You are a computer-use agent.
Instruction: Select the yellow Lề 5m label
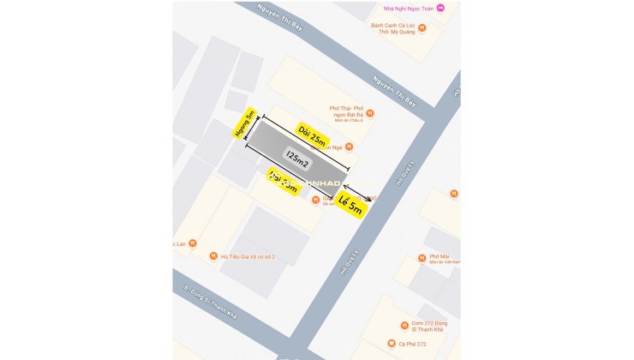pyautogui.click(x=352, y=207)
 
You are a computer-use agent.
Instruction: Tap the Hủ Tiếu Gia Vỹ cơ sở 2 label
pyautogui.click(x=249, y=255)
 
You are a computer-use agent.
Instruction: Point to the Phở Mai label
pyautogui.click(x=440, y=257)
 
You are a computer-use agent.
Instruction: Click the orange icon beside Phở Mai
pyautogui.click(x=422, y=257)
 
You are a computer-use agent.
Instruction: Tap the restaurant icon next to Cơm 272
pyautogui.click(x=402, y=326)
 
